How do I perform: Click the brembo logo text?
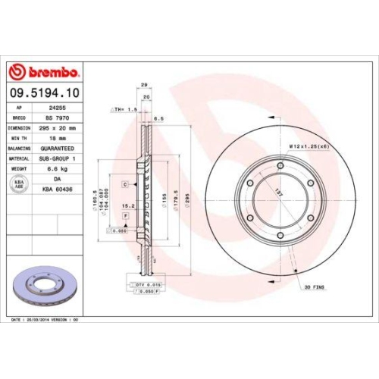(x=49, y=72)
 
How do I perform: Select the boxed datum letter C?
(x=124, y=183)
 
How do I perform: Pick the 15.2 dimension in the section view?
(x=129, y=204)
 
